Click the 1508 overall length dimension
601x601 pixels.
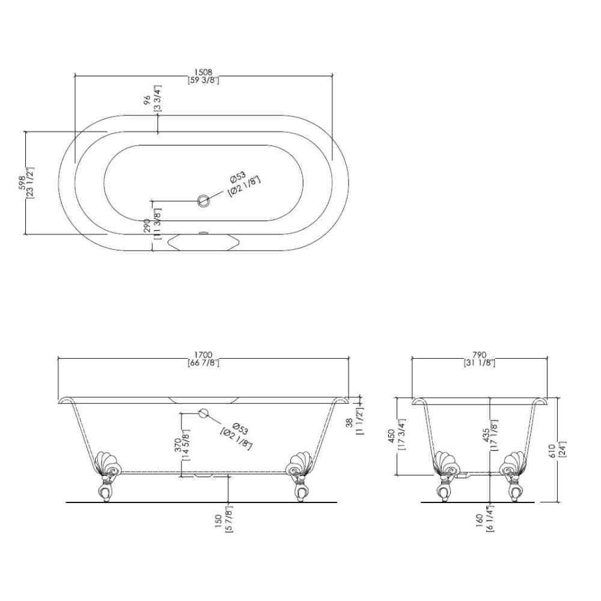(x=203, y=73)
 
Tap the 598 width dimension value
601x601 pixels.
(x=22, y=183)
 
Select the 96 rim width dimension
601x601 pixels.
(x=147, y=100)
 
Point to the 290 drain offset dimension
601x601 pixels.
(x=147, y=226)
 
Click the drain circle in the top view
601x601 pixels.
(x=204, y=200)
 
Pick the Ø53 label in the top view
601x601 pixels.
(x=238, y=178)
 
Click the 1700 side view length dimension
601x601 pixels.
(x=203, y=355)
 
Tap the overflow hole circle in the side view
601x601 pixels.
(x=203, y=413)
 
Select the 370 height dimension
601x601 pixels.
(x=178, y=445)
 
